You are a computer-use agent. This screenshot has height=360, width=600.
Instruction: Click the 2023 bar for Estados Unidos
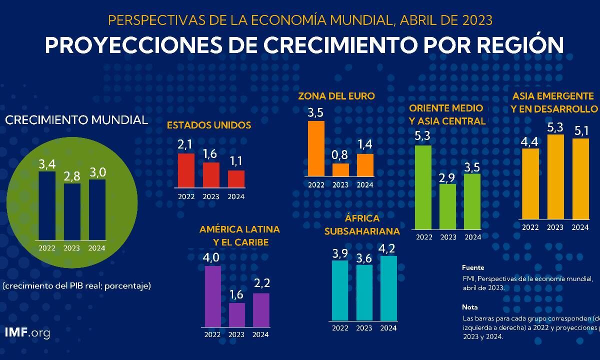click(211, 174)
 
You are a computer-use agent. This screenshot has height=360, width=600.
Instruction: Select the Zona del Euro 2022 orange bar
click(316, 148)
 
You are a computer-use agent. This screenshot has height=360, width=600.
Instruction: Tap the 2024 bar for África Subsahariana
click(388, 287)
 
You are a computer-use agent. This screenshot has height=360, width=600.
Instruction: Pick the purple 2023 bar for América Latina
click(237, 314)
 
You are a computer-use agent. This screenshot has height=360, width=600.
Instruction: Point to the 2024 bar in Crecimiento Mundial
click(97, 210)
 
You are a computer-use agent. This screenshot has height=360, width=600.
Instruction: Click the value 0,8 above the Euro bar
click(340, 154)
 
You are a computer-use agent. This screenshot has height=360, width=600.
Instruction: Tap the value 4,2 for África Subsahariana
click(388, 247)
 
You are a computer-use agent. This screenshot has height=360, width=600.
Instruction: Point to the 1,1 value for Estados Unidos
click(236, 161)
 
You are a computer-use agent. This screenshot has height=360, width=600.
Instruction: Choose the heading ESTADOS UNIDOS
click(209, 125)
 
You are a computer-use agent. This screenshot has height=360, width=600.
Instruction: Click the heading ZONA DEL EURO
click(336, 96)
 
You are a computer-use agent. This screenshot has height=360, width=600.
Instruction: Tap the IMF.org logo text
click(27, 333)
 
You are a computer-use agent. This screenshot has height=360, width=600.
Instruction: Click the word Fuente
click(473, 267)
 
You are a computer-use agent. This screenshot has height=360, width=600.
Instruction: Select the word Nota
click(470, 307)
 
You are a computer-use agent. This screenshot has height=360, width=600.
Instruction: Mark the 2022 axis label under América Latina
click(212, 334)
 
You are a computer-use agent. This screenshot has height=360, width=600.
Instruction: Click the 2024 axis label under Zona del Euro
click(365, 184)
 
